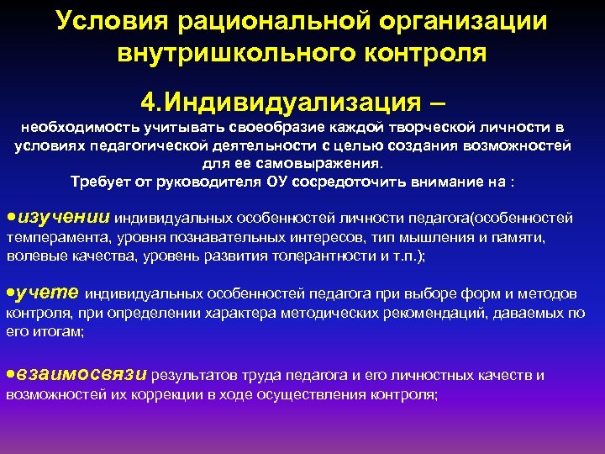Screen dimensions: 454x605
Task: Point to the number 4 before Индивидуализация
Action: [149, 103]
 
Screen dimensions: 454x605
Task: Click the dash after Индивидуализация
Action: [439, 103]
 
